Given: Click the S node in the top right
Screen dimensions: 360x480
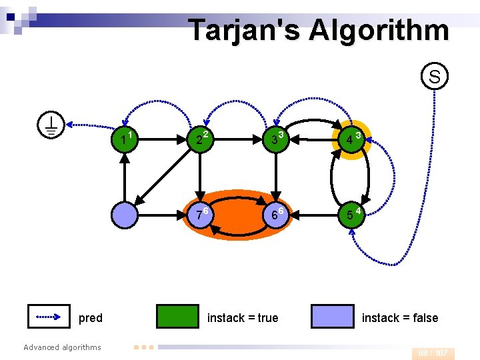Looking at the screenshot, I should tap(434, 77).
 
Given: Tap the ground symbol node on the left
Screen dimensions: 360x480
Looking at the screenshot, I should tap(51, 125).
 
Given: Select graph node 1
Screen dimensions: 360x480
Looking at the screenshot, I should tap(125, 139).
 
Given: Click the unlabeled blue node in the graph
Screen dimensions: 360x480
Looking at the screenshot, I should tap(125, 215).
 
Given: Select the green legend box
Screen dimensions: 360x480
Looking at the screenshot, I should tap(177, 317).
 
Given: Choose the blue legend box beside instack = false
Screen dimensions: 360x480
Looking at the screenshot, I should tap(332, 317).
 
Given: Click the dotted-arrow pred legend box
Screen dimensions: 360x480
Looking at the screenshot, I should tap(49, 317).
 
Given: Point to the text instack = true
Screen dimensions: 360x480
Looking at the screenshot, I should tap(243, 318).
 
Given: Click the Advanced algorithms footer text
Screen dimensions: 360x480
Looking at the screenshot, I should tap(62, 347).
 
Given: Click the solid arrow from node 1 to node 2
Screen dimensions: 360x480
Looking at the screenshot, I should tap(162, 140).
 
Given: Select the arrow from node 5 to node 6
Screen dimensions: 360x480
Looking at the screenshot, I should tap(312, 215).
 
